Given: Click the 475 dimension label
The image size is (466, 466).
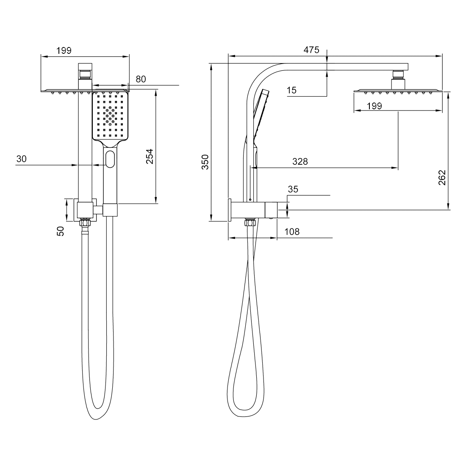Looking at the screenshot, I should coord(311,50).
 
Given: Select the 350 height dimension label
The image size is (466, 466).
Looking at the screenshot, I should coord(205,162).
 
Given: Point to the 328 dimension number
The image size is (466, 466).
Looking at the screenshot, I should coord(300,161).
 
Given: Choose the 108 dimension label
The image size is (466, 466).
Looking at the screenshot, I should coord(292,232).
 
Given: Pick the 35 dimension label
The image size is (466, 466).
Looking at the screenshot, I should coord(293,189).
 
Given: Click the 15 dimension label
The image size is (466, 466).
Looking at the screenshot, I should coord(291,90).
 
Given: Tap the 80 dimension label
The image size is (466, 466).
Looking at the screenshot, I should coord(141,79).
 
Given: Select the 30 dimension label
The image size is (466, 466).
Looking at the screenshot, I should coord(21,159).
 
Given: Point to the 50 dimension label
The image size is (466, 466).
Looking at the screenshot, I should coord(61,231).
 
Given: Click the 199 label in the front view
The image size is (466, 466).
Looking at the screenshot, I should coord(64,51).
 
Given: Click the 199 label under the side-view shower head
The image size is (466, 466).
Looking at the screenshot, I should coord(374,106).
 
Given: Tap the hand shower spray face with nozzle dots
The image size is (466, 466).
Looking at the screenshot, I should coord(110,115).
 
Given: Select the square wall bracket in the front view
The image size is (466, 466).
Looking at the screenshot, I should coord(86,209).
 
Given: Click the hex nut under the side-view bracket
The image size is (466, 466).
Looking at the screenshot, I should coord(250,222).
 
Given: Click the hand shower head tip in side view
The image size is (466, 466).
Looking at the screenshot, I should coord(265,92).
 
